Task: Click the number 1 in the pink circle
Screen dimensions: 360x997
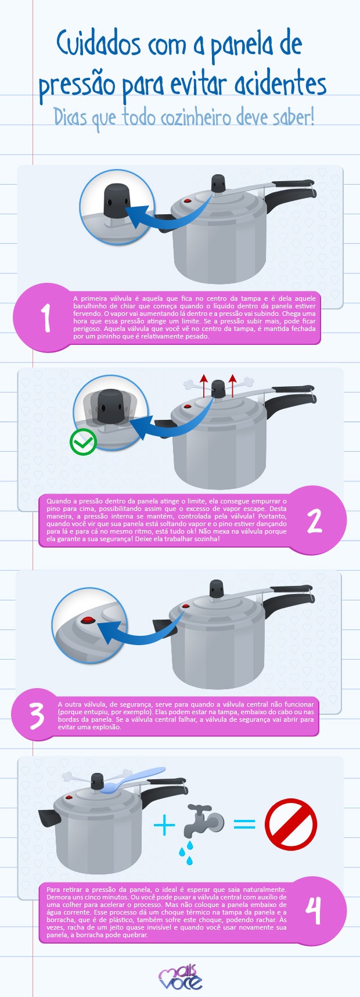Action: pos(46,318)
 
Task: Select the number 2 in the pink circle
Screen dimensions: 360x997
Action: pos(314,521)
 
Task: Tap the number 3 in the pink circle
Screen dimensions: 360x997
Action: pos(37,716)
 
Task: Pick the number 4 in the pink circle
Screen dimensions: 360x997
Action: pos(314,910)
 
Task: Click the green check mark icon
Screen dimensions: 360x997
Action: pos(83,443)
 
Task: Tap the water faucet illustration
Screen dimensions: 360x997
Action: pos(204,820)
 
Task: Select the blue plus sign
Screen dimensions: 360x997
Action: pos(164,825)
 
